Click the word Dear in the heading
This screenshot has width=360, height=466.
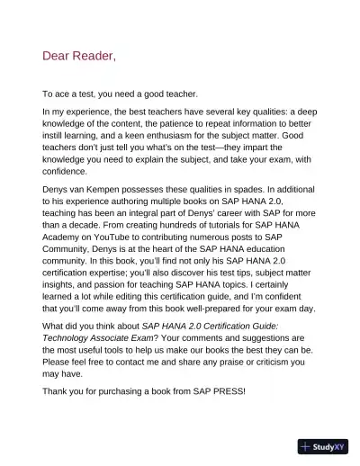point(58,57)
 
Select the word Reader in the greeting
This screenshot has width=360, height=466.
point(95,57)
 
